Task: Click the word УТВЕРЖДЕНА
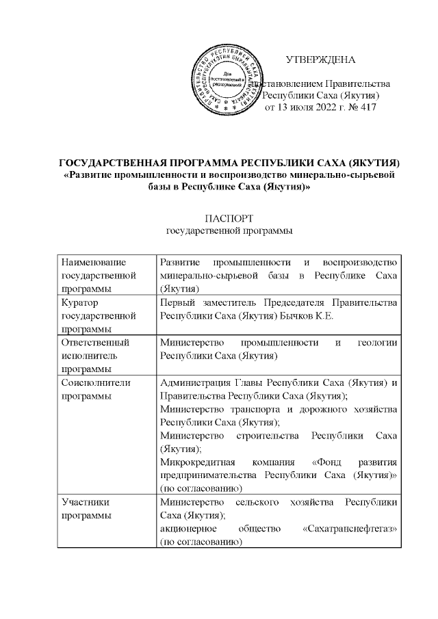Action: (320, 59)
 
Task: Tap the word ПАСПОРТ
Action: (229, 219)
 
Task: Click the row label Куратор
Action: (81, 302)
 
